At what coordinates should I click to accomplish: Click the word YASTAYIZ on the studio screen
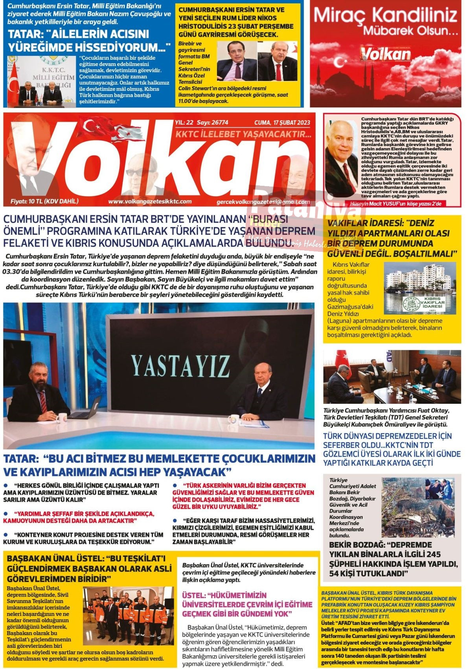click(x=180, y=366)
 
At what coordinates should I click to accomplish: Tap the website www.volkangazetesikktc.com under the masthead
click(x=150, y=201)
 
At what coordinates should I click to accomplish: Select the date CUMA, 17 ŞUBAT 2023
click(x=282, y=122)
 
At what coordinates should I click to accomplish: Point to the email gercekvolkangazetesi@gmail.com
click(x=263, y=202)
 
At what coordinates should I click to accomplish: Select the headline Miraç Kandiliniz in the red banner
click(x=385, y=16)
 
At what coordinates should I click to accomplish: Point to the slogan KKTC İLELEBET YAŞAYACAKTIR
click(x=243, y=135)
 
